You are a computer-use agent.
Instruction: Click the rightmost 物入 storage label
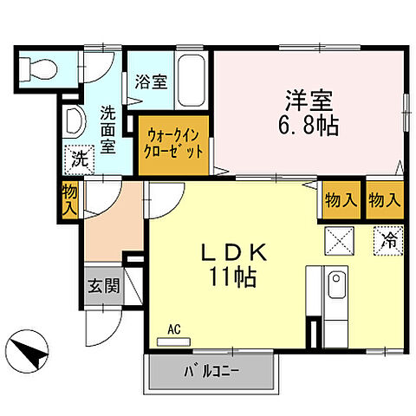coord(385,200)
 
